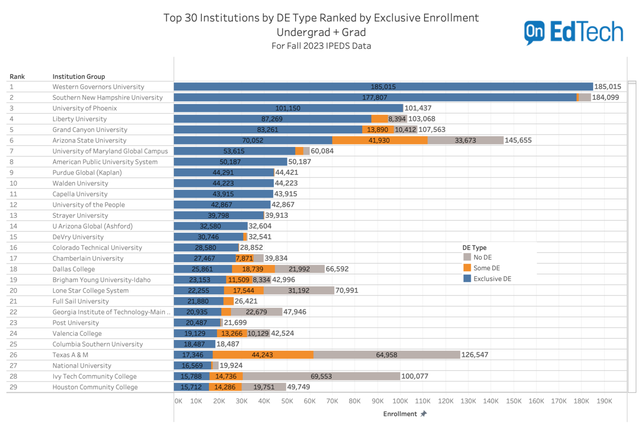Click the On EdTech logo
point(573,32)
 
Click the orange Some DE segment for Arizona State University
point(380,141)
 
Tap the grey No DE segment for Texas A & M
point(387,355)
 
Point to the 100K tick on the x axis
point(400,401)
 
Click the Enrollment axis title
point(400,414)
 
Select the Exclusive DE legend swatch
point(467,279)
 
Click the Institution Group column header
point(79,77)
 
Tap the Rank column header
point(17,77)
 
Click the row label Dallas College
point(74,269)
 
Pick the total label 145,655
point(518,141)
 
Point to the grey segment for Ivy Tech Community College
point(321,376)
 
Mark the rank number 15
point(13,237)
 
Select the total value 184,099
point(605,98)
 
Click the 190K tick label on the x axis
point(604,401)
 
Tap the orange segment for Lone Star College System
point(243,290)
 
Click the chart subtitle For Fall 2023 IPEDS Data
point(321,46)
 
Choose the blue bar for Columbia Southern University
point(194,344)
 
